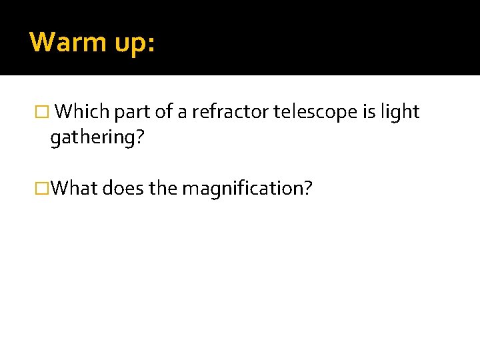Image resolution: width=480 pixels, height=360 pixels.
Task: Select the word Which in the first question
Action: tap(83, 112)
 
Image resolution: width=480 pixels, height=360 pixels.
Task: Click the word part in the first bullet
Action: tap(132, 112)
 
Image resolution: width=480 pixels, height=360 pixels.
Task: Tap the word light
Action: tap(400, 113)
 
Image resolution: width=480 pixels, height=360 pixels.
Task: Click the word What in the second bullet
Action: tap(74, 189)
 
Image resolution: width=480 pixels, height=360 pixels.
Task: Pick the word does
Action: tap(123, 189)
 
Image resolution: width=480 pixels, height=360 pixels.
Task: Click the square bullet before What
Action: tap(45, 189)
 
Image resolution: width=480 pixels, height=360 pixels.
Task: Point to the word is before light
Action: tap(369, 112)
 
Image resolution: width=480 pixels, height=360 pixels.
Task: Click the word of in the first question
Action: tap(163, 112)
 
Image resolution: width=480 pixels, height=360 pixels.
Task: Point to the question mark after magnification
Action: tap(307, 189)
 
